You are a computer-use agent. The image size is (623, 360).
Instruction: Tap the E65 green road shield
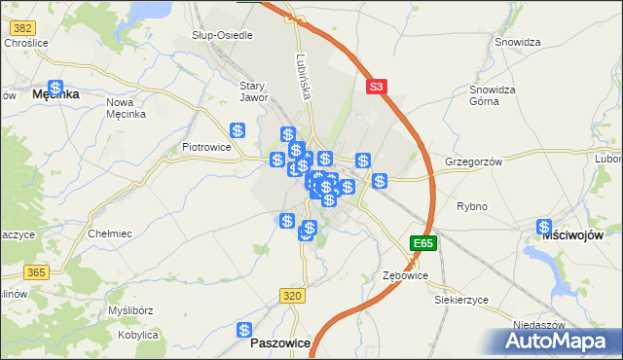coord(423,242)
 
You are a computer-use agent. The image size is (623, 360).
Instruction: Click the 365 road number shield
coord(37,272)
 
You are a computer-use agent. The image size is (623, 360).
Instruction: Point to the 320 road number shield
coord(291,295)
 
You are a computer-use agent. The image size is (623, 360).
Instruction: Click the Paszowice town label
coord(280,343)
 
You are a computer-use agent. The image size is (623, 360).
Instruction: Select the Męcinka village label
coord(55,94)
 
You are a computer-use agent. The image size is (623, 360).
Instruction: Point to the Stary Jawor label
coord(253,91)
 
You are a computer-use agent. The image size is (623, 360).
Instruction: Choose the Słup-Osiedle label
coord(222,35)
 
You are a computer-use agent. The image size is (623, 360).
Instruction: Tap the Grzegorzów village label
coord(473,162)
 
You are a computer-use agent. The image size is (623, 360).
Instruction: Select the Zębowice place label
coord(405,276)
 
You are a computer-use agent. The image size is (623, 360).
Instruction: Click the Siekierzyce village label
coord(461,300)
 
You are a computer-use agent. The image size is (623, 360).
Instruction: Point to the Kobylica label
coord(137,335)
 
